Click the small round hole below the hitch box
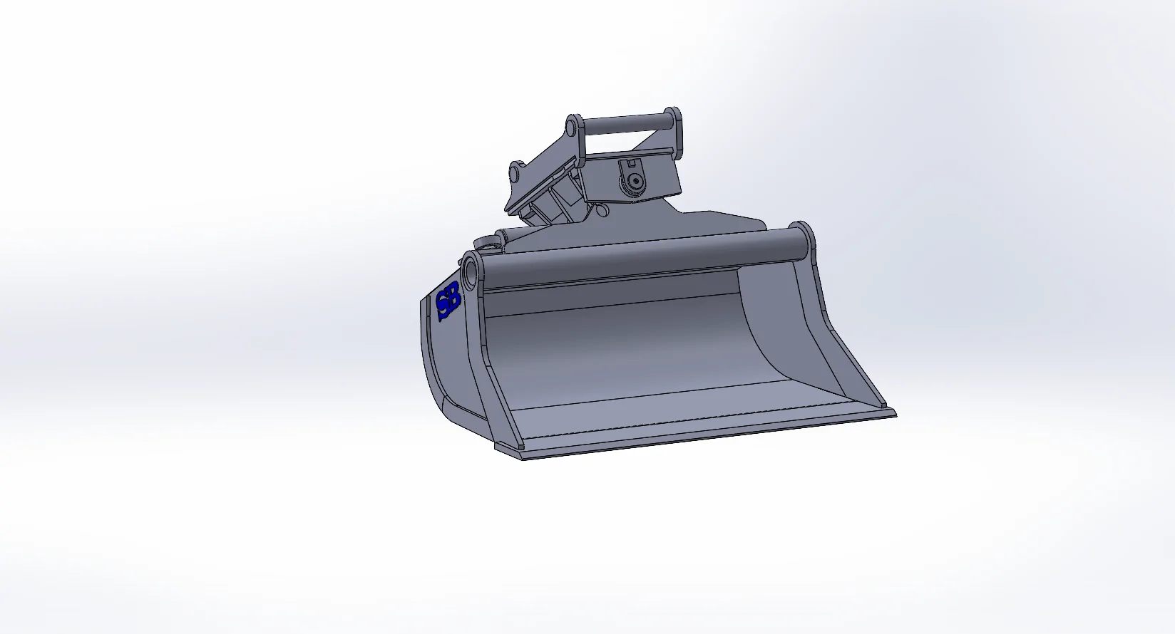pos(602,211)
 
